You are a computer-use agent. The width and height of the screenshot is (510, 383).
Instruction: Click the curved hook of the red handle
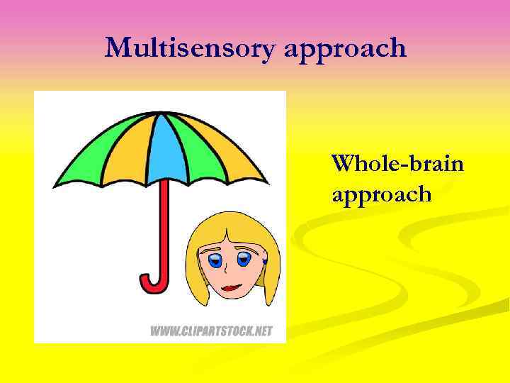[152, 284]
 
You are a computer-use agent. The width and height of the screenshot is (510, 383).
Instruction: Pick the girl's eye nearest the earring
[245, 259]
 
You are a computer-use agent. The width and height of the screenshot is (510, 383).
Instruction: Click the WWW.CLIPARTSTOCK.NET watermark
[210, 331]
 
